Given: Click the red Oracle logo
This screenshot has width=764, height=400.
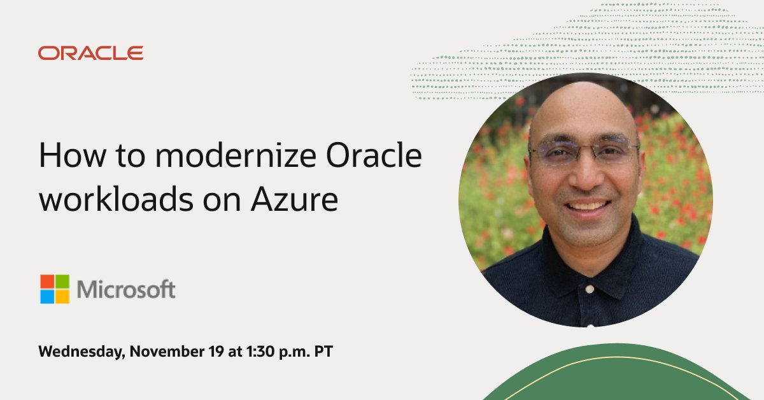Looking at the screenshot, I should [x=90, y=53].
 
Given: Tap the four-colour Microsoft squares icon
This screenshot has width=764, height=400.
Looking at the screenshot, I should [x=55, y=289].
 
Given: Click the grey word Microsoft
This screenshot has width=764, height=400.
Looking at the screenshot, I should [x=126, y=290].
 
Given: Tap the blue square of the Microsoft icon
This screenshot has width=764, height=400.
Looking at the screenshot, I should [x=47, y=297].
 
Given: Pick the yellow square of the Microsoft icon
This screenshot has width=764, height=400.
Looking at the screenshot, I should [x=62, y=297].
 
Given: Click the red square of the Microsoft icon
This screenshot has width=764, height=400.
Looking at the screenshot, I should [x=47, y=282].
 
